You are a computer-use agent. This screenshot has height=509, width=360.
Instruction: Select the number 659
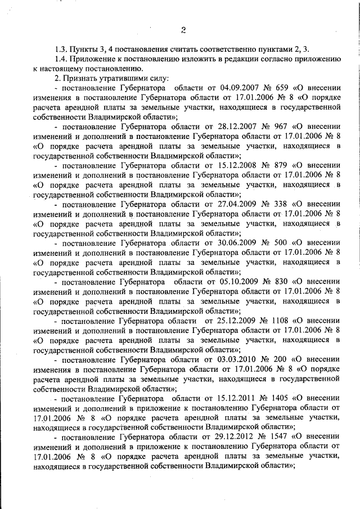283,89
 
